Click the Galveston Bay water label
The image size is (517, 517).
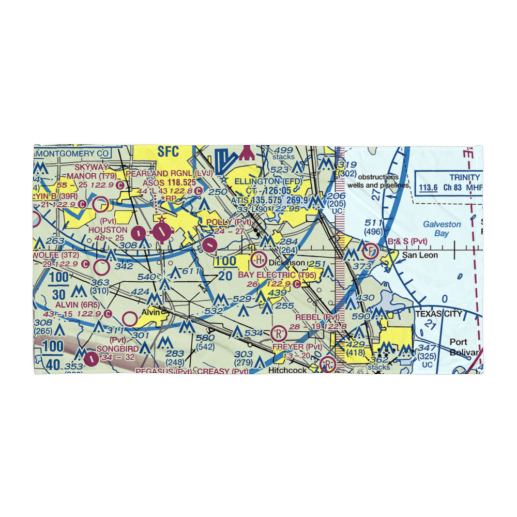pyautogui.click(x=442, y=229)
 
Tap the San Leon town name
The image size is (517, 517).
pyautogui.click(x=420, y=255)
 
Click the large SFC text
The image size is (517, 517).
pyautogui.click(x=168, y=151)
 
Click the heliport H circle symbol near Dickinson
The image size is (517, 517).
pyautogui.click(x=258, y=258)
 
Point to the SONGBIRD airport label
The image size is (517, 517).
pyautogui.click(x=117, y=349)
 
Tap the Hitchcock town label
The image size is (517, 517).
pyautogui.click(x=287, y=370)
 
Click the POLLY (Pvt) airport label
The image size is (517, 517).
pyautogui.click(x=229, y=222)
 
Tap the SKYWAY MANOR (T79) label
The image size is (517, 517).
pyautogui.click(x=93, y=171)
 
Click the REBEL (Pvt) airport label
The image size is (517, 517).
pyautogui.click(x=317, y=317)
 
